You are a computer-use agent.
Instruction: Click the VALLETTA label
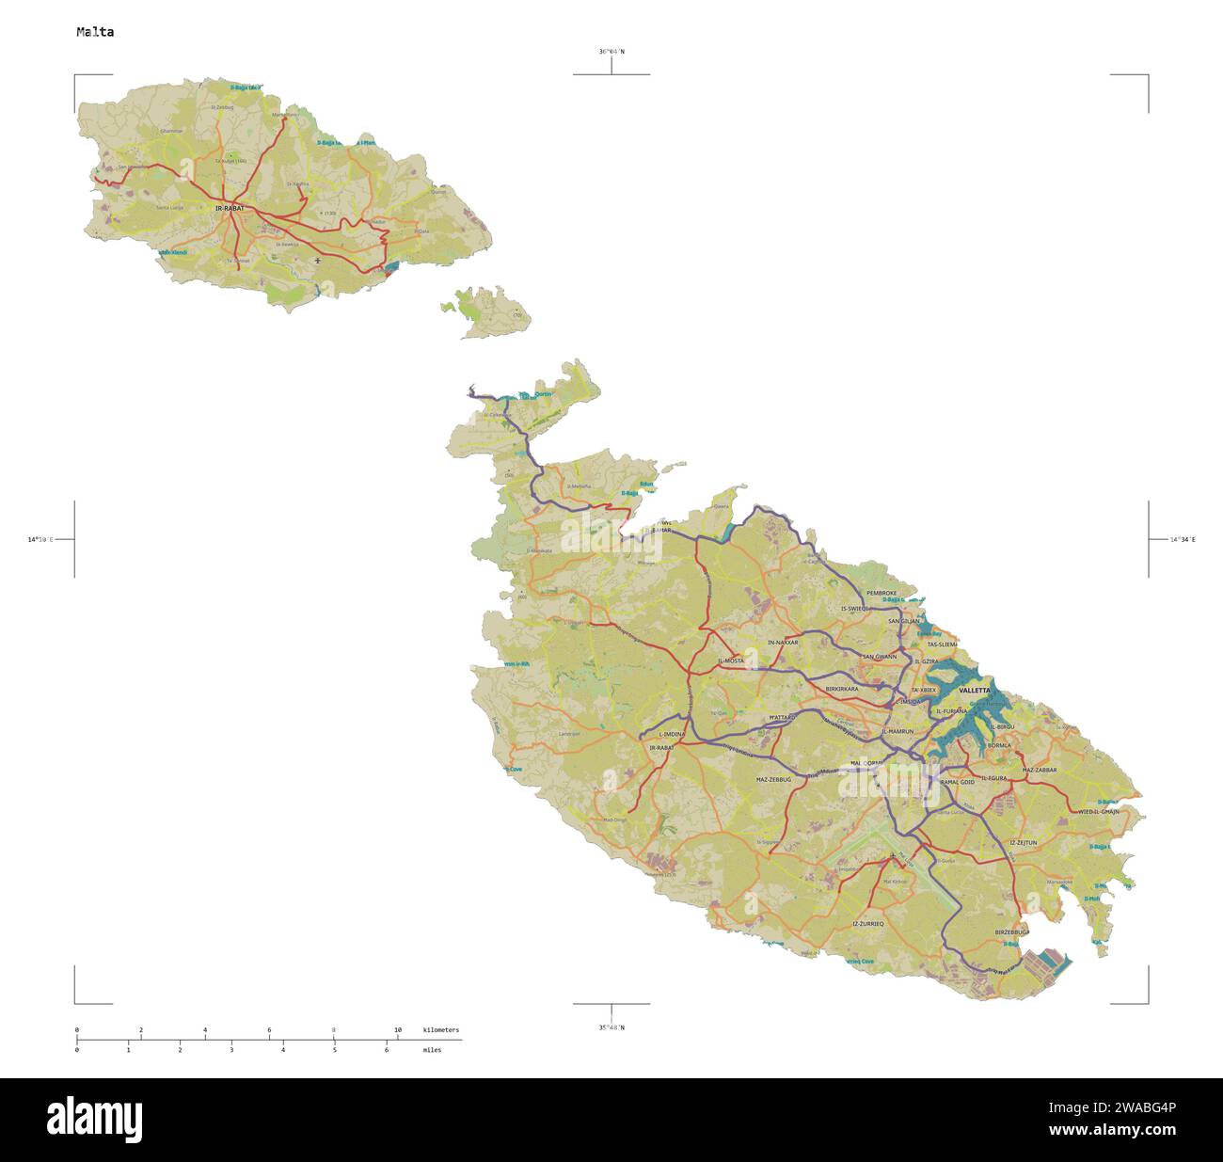974,690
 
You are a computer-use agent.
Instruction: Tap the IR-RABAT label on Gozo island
230,207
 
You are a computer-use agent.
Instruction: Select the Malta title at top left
95,32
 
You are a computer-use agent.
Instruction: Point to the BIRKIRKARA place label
841,689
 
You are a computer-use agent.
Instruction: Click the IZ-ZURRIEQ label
867,924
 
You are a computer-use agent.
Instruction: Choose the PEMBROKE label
882,594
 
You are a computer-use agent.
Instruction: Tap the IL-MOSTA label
731,661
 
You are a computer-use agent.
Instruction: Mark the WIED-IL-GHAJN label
1099,811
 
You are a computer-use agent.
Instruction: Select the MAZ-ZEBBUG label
774,780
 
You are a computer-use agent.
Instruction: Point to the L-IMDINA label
671,734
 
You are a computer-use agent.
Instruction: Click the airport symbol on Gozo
318,260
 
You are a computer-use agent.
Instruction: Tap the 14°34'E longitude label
1183,540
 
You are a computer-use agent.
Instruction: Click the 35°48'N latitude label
611,1027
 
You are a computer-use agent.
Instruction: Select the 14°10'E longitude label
40,540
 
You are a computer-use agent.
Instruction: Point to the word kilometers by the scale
441,1030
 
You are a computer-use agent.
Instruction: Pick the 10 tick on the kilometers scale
398,1030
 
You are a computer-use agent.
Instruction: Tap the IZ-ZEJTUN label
1023,843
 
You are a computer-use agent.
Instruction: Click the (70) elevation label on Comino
516,315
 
